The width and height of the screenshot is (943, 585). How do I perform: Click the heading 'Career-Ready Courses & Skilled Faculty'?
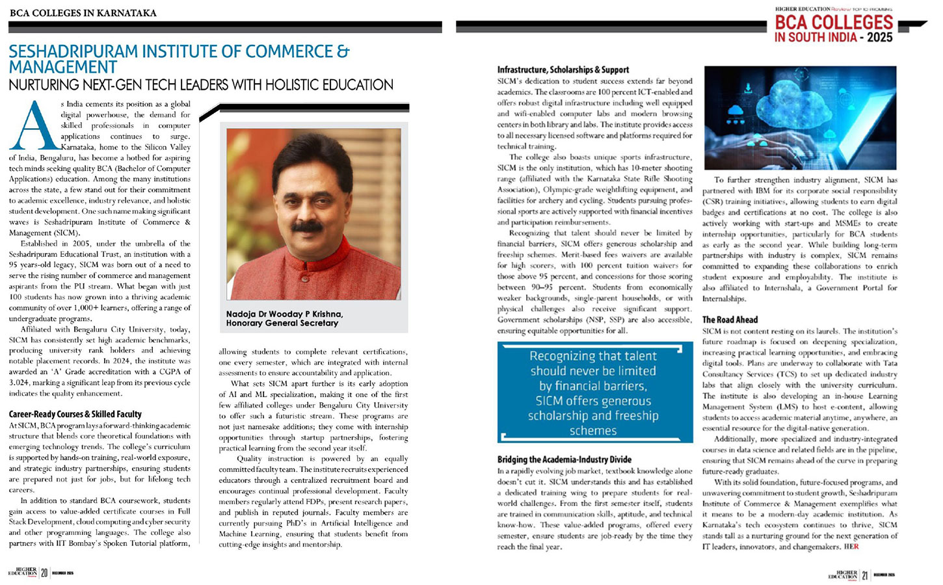pos(75,414)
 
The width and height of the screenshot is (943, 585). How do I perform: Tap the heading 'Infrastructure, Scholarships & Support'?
pos(563,70)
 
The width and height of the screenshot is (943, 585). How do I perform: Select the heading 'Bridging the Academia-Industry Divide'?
pos(564,460)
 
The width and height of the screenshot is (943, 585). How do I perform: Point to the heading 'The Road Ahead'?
pos(730,320)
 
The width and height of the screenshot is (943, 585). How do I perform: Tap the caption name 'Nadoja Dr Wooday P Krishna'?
pos(284,314)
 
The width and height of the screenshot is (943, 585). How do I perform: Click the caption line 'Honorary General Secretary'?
pos(282,323)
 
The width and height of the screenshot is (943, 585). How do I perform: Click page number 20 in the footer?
pos(44,573)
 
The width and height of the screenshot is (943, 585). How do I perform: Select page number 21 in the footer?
pos(865,575)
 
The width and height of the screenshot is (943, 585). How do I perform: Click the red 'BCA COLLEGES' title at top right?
pos(834,22)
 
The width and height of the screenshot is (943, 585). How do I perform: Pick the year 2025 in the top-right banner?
pos(880,38)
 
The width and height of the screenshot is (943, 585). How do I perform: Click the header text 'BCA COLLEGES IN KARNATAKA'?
pos(83,13)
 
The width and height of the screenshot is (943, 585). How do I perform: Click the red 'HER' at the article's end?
pos(851,547)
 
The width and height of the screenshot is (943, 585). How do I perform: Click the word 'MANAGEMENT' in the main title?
pos(63,68)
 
